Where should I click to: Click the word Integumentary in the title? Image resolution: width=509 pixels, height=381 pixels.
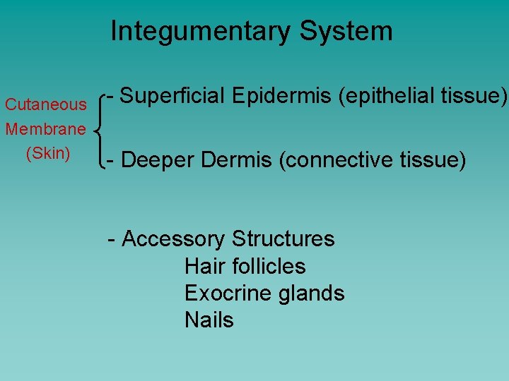coord(200,32)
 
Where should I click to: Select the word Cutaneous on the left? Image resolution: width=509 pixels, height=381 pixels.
coord(45,105)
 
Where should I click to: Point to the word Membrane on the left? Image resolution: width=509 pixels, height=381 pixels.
coord(45,129)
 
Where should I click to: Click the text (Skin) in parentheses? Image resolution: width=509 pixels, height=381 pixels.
coord(47,153)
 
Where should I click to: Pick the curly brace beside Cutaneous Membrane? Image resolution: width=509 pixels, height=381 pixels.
coord(100,129)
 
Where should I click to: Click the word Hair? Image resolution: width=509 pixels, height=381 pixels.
coord(201,266)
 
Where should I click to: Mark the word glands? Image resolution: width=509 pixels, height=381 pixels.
coord(311,293)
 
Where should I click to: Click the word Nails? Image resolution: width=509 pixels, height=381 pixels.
coord(209,320)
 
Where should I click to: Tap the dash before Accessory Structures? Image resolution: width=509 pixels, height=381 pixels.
coord(112,240)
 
